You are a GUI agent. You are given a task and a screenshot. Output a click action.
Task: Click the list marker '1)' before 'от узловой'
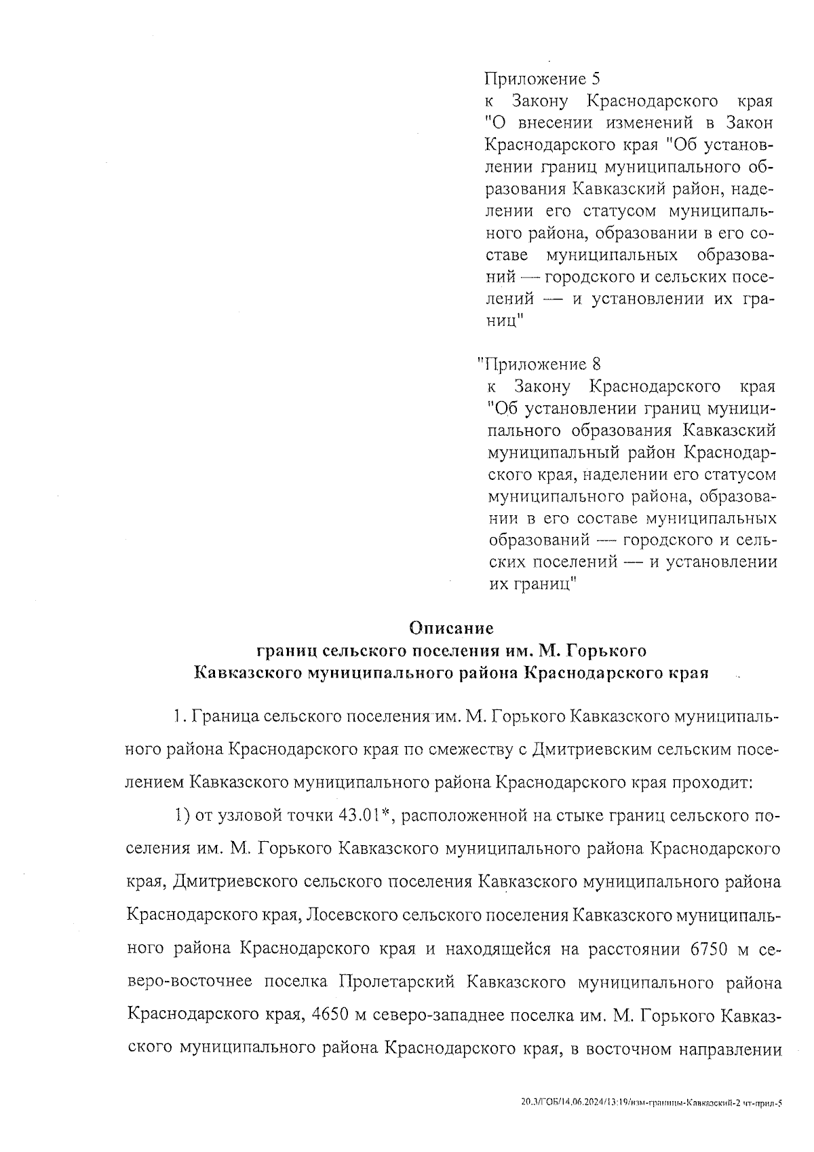tap(181, 815)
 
